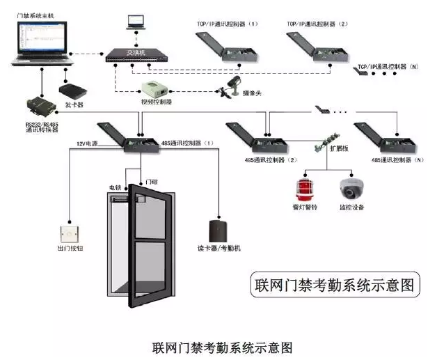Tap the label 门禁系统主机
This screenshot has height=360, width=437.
[35, 15]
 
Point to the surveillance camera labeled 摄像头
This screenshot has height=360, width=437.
[233, 85]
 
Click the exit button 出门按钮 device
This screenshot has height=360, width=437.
[69, 234]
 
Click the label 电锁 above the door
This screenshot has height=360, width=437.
[115, 188]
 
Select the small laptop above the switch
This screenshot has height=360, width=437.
[135, 22]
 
